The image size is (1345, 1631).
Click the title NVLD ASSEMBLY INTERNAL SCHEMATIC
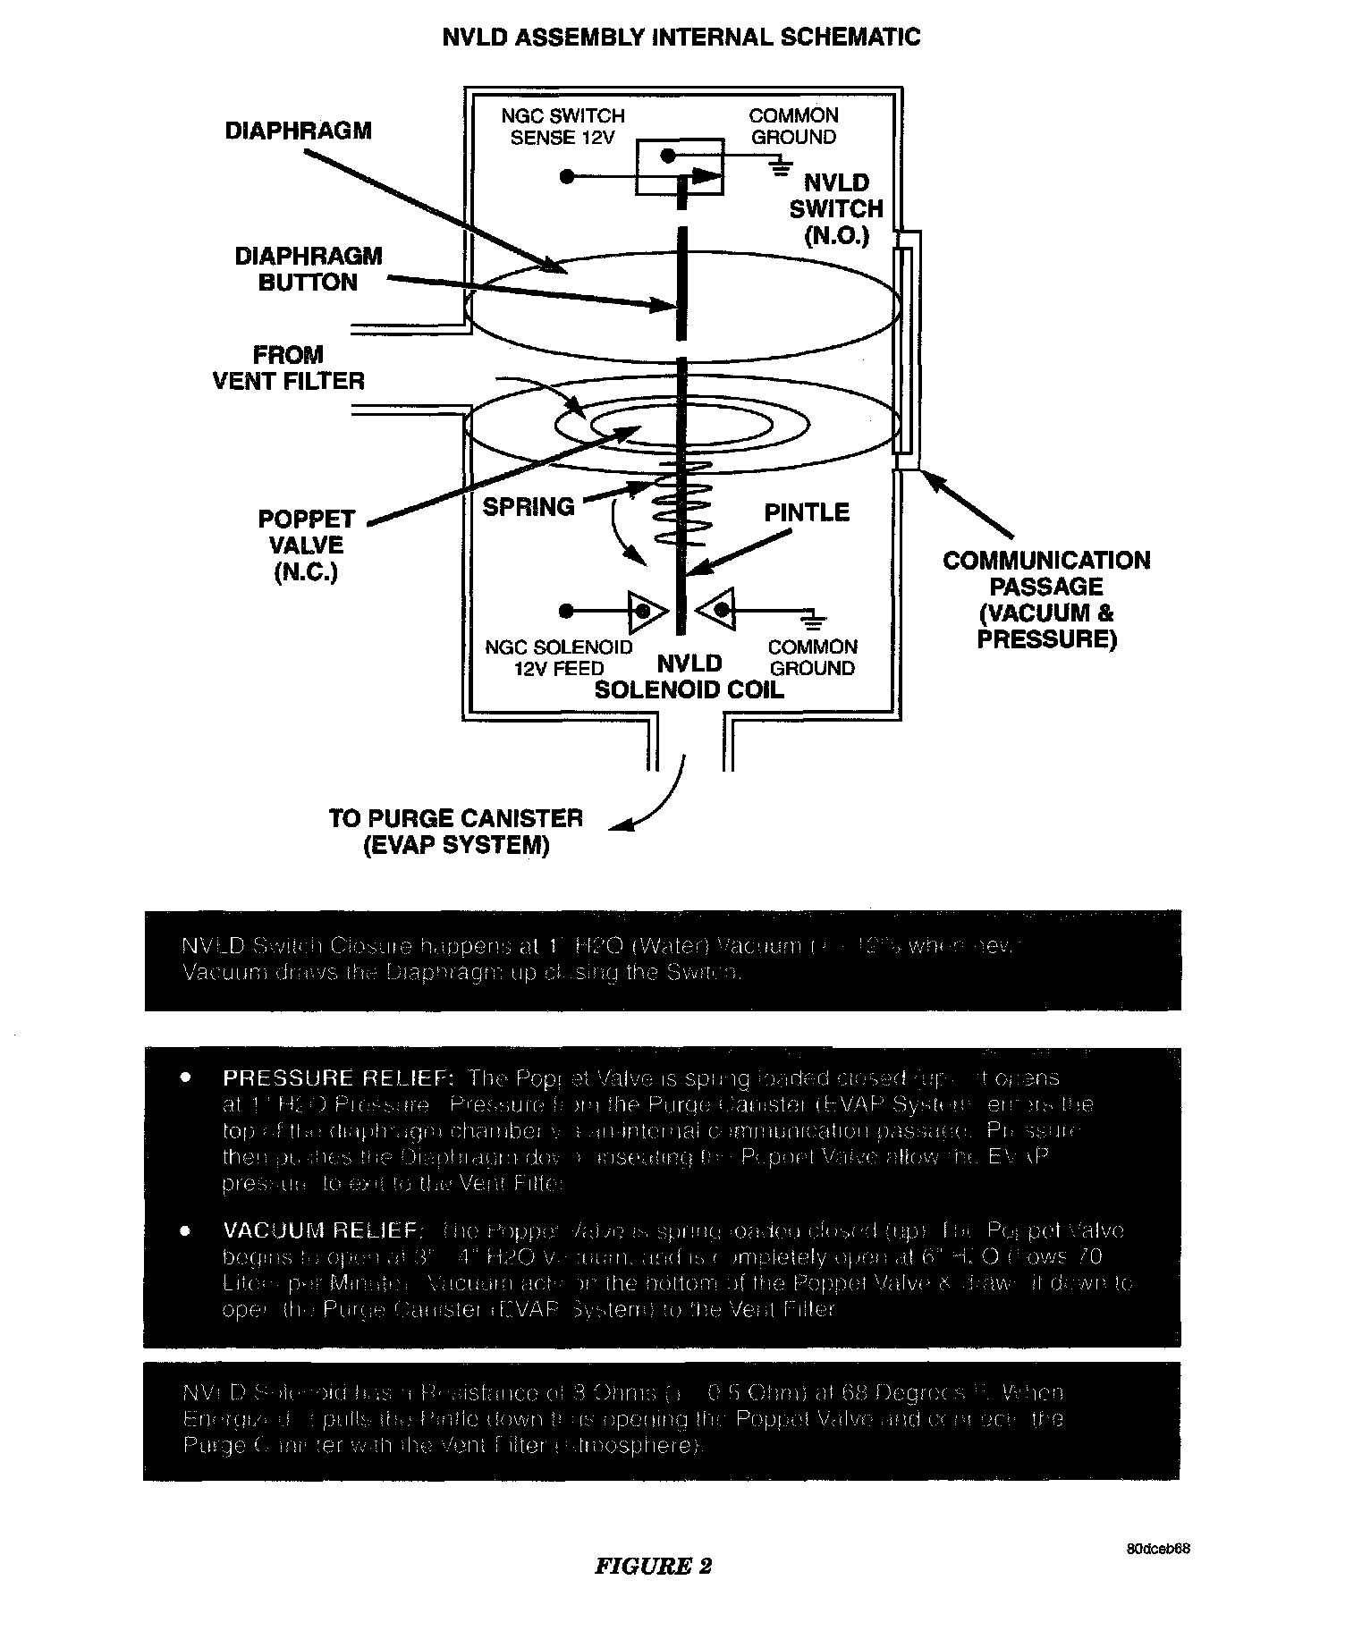(681, 38)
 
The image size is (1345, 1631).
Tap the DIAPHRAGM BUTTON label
(309, 269)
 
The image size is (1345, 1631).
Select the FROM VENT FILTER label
(288, 368)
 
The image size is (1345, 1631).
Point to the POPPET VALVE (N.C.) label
(306, 545)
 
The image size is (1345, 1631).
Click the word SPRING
(529, 507)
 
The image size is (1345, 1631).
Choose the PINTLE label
(806, 512)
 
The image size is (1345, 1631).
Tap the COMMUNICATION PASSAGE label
(1046, 599)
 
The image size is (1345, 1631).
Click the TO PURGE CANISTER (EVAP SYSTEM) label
(456, 832)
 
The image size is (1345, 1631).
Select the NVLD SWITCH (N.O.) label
(836, 209)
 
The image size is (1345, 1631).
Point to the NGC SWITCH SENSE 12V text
(563, 126)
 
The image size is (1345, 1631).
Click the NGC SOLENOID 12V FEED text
(559, 657)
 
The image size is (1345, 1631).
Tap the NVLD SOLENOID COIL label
(689, 677)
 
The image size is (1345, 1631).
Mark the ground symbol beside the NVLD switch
(782, 165)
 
